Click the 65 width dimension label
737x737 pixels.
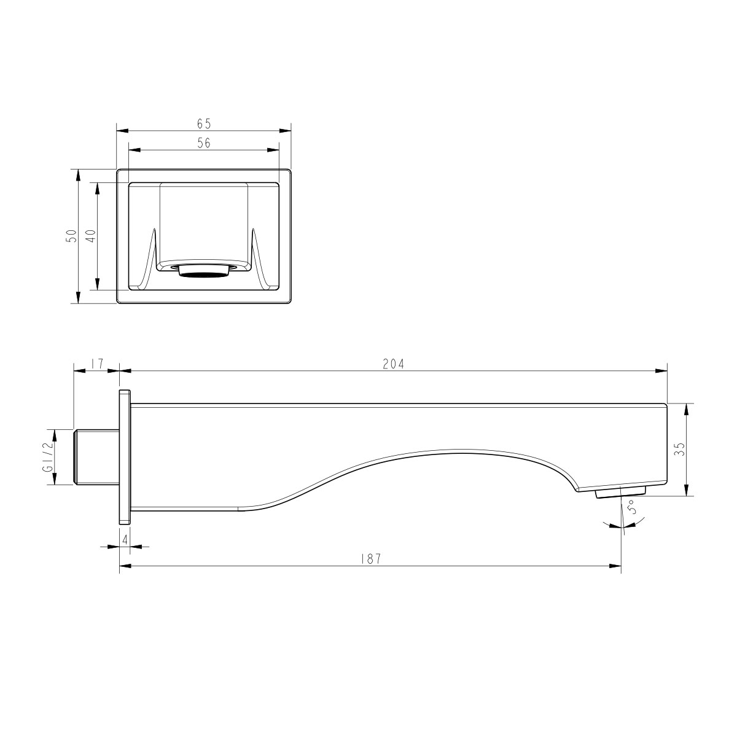(204, 123)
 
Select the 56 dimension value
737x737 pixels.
(204, 143)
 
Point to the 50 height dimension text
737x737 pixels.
(72, 235)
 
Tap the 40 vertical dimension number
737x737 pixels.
(91, 235)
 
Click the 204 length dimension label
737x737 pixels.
(393, 364)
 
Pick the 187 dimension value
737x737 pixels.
(370, 559)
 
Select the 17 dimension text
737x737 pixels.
(96, 364)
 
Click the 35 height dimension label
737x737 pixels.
(679, 449)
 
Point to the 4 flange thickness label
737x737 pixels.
(125, 539)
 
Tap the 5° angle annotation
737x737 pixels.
(631, 509)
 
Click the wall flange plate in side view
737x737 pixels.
(124, 457)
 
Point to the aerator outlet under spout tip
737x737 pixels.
(621, 493)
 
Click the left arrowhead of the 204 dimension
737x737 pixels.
(123, 370)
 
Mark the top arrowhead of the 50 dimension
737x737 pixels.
(77, 174)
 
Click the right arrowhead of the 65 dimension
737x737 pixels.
(286, 130)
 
